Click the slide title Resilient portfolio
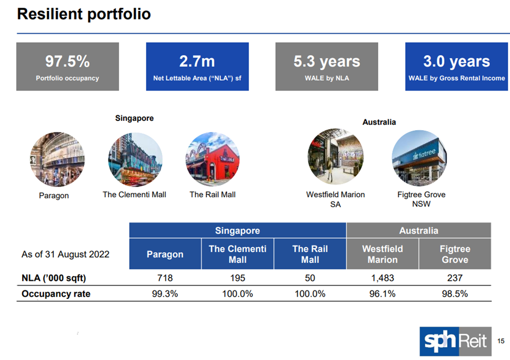click(84, 14)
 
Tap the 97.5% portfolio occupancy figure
click(67, 61)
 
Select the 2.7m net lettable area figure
click(197, 61)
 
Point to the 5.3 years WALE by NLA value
click(327, 61)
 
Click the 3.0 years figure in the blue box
click(456, 61)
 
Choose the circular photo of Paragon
click(57, 159)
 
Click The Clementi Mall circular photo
click(135, 159)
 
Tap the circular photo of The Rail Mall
click(212, 159)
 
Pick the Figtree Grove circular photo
click(419, 158)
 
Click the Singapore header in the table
click(238, 230)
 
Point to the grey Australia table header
click(418, 230)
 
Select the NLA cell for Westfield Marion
click(382, 278)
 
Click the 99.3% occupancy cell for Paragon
click(165, 294)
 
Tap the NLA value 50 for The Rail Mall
click(310, 278)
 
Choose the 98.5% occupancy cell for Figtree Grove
click(455, 294)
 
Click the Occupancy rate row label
click(56, 294)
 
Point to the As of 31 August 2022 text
click(65, 254)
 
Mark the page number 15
click(501, 340)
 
